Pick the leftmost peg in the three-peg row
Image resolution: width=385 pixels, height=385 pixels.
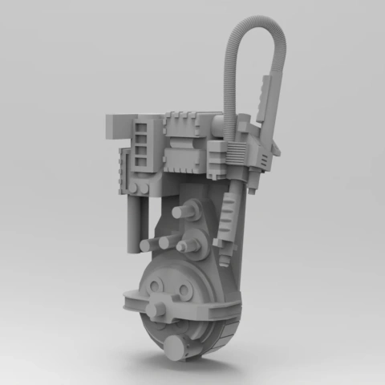(148, 245)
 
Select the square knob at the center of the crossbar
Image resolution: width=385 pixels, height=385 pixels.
(160, 307)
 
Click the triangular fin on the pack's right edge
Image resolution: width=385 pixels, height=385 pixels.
(277, 148)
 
